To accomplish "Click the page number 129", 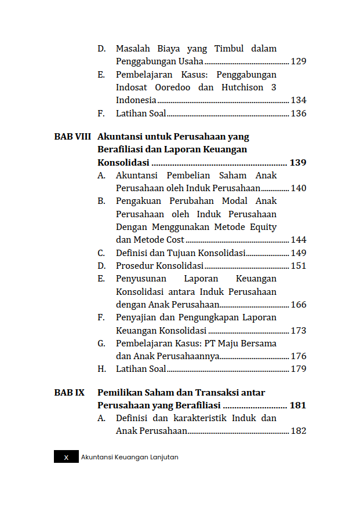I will [x=299, y=61].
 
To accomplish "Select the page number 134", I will [x=299, y=100].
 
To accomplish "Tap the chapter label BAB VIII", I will [x=72, y=137].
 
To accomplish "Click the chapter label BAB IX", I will [x=70, y=392].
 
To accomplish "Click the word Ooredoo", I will [x=173, y=87].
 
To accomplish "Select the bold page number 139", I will [x=298, y=163].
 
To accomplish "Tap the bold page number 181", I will [x=298, y=405].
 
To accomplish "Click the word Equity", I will [x=263, y=226].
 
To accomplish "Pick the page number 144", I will [x=299, y=240].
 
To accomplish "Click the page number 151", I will [x=299, y=266].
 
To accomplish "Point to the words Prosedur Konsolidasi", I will [x=159, y=266].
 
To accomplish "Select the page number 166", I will [x=299, y=305].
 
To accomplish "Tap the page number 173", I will [x=299, y=331].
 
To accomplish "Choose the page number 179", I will [x=299, y=369].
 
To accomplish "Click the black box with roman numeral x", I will [x=66, y=457].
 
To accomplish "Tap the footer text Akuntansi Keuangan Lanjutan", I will [x=130, y=457].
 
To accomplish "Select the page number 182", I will [x=299, y=431].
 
